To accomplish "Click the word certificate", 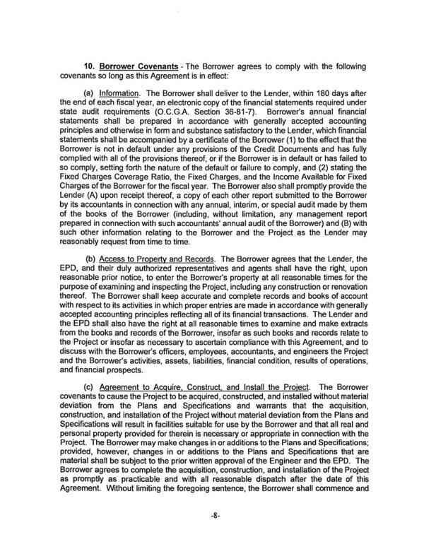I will tap(220, 158).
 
